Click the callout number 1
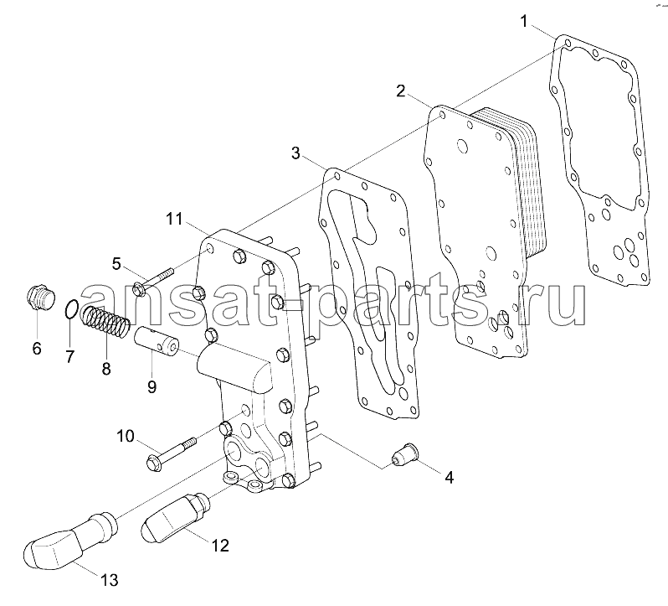tap(524, 21)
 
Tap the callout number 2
tap(401, 91)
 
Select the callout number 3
tap(295, 153)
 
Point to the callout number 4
tap(449, 478)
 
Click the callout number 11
tap(174, 220)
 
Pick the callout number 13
tap(110, 580)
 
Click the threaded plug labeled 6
tap(39, 298)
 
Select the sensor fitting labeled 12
tap(175, 517)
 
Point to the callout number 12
tap(220, 545)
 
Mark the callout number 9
tap(152, 386)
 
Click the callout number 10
tap(126, 436)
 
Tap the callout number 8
tap(106, 368)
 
